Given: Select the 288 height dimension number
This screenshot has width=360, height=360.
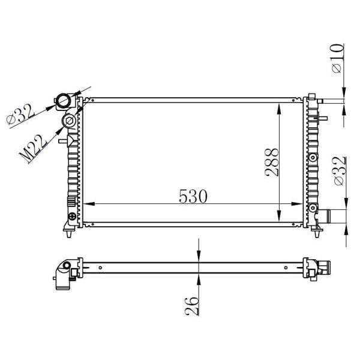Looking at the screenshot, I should pos(272,162).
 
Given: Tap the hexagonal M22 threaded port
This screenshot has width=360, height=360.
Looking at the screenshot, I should pos(69,122).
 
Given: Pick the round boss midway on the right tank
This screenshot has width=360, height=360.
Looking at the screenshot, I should pos(312,157).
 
